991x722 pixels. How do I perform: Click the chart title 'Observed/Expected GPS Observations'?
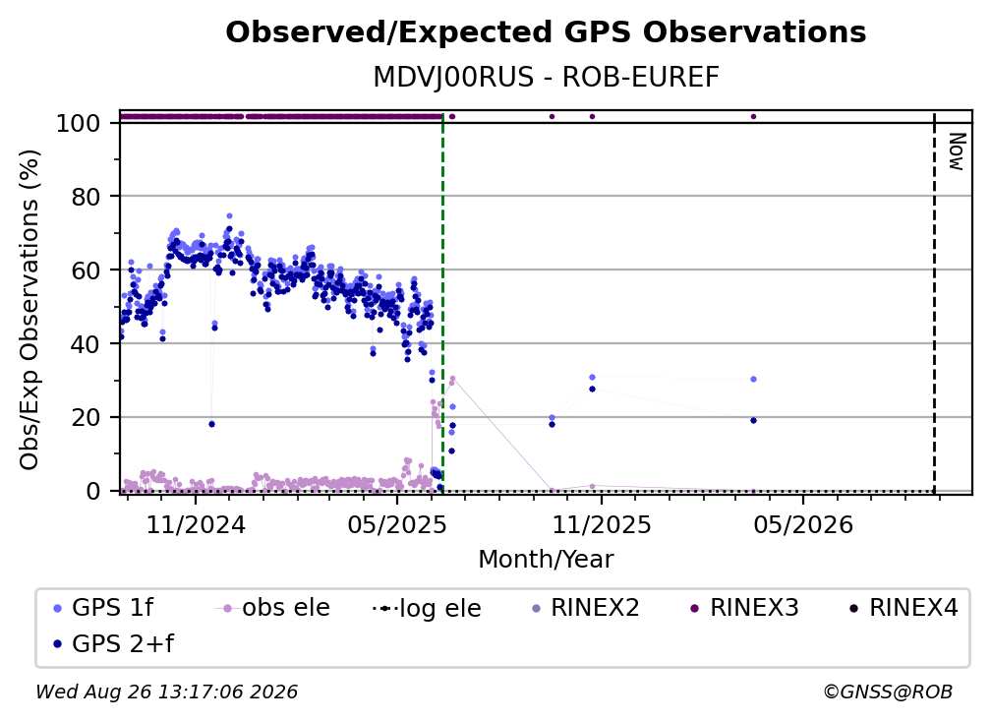click(x=546, y=32)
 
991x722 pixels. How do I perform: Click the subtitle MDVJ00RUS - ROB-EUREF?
click(x=546, y=78)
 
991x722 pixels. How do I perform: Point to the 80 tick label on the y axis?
click(x=87, y=197)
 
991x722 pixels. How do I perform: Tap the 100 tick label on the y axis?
click(x=79, y=123)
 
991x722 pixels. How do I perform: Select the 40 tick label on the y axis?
click(x=87, y=344)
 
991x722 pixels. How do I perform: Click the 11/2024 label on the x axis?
click(x=196, y=524)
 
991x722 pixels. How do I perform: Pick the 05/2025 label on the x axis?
click(x=397, y=524)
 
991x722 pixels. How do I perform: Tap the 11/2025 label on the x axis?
click(x=602, y=524)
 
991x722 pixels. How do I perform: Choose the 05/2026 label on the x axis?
click(x=803, y=524)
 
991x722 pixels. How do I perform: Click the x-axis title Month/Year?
click(x=546, y=560)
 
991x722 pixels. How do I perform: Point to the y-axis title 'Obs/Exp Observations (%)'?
click(x=29, y=310)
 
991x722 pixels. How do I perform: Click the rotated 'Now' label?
click(x=958, y=151)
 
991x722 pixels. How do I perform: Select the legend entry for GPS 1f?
click(x=103, y=608)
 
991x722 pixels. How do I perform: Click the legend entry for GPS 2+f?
click(x=113, y=643)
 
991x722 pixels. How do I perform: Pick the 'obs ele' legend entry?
click(x=273, y=608)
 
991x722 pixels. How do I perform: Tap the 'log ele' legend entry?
click(x=428, y=608)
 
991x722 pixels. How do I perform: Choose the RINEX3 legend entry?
click(x=744, y=608)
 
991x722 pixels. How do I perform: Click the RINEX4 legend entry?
click(x=904, y=608)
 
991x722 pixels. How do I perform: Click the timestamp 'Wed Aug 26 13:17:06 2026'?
click(x=167, y=692)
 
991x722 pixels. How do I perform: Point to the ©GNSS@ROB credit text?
click(x=888, y=692)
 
